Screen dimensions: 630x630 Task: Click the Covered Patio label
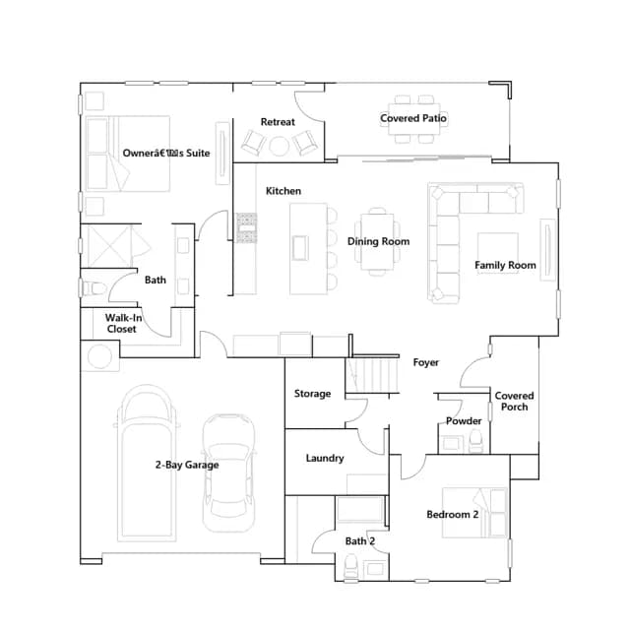413,118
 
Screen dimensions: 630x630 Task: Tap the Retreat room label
278,122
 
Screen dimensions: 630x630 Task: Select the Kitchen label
283,191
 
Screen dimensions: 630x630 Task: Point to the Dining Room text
378,241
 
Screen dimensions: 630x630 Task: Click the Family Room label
505,265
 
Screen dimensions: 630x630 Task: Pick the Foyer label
426,362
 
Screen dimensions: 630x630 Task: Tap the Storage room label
312,394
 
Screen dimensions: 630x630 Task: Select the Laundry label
325,459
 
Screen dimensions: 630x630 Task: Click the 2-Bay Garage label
187,465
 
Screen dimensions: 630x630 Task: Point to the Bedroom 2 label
453,515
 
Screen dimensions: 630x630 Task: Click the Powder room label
464,421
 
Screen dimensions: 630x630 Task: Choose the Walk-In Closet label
123,324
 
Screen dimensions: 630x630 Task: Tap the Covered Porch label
514,402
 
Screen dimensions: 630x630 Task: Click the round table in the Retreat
279,146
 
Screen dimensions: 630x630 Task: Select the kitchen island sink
300,248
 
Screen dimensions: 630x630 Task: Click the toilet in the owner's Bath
94,288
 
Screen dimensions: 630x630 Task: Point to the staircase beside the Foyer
372,375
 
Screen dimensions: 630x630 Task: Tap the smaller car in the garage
228,472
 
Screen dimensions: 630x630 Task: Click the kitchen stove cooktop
246,227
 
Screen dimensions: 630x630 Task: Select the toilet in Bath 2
350,566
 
